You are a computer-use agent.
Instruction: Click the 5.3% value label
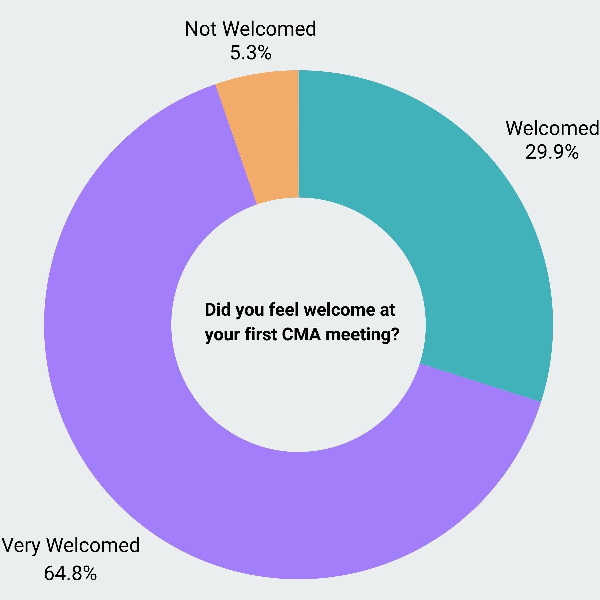251,53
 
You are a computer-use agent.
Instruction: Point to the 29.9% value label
552,152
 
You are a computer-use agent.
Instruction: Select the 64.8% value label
70,573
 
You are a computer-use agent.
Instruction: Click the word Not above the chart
202,29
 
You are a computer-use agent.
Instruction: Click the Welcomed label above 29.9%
552,128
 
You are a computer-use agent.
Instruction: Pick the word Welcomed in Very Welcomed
93,545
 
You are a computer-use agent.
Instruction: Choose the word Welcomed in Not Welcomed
269,29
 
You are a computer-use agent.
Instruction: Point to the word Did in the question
218,310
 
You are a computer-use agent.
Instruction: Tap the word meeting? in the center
362,335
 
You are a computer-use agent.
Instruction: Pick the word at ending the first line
387,310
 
